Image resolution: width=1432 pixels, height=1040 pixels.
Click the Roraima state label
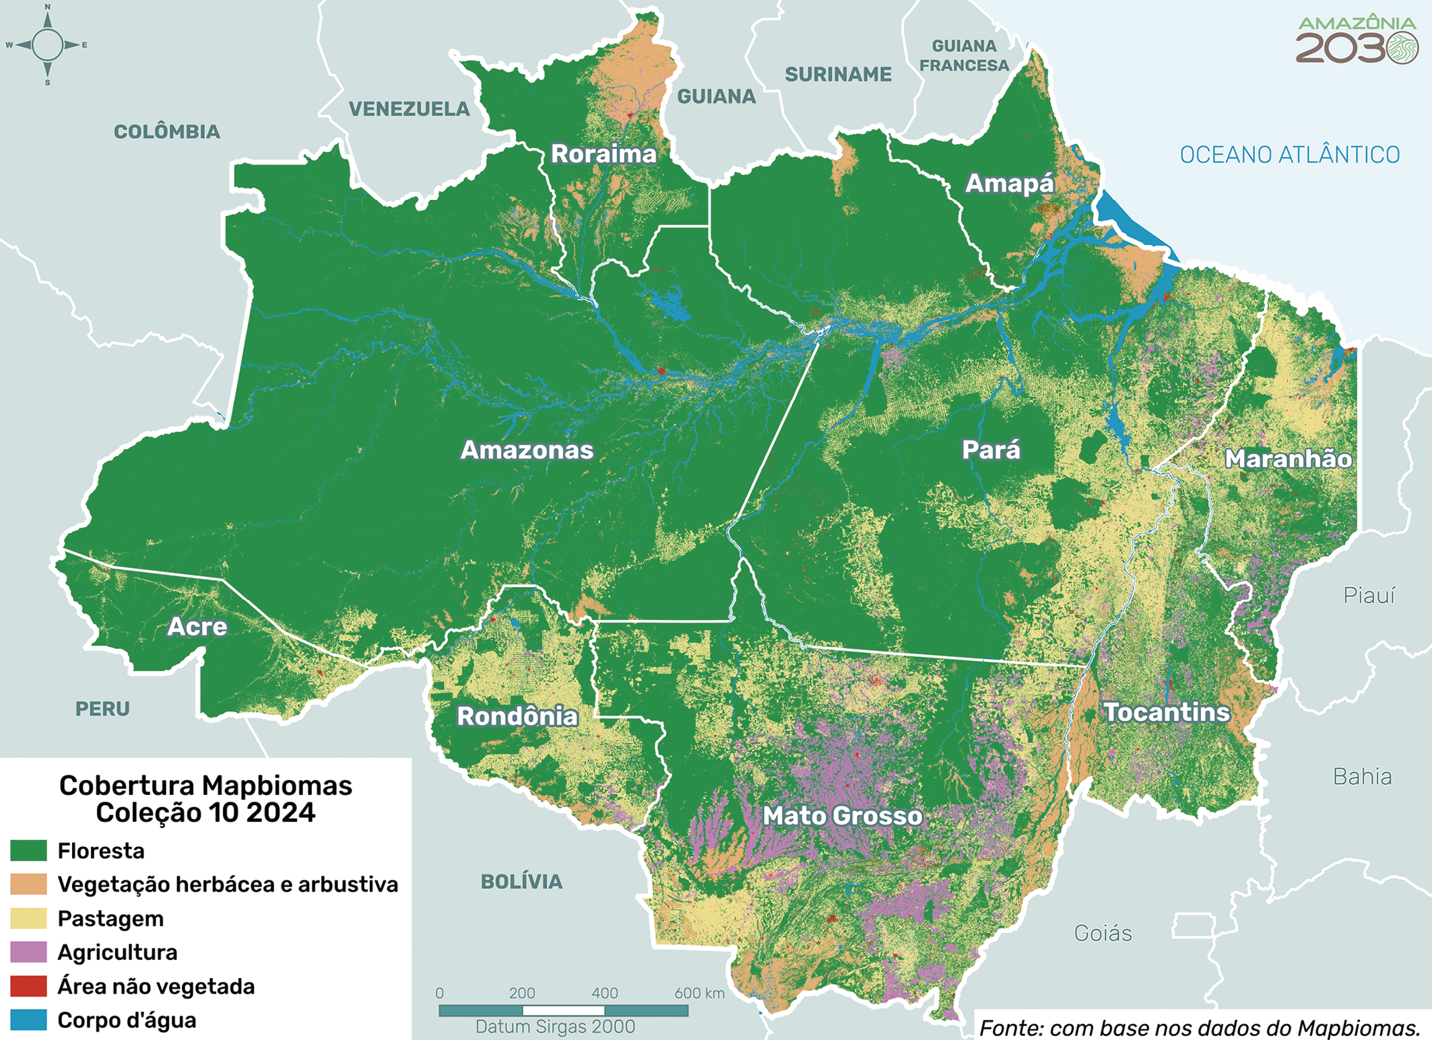tap(604, 154)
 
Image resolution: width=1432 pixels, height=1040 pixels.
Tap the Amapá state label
tap(1009, 183)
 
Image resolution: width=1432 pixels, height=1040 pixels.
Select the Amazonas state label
tap(527, 450)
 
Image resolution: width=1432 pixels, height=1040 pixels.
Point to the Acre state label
tap(197, 627)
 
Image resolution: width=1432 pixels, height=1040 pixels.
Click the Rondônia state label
tap(517, 716)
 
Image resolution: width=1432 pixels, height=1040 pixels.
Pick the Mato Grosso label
tap(842, 816)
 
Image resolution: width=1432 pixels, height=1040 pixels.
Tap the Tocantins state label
tap(1167, 712)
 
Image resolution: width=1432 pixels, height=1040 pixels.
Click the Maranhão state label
tap(1288, 459)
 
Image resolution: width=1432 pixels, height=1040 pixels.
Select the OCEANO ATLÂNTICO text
tap(1289, 155)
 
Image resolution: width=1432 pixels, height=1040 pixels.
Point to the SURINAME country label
tap(838, 75)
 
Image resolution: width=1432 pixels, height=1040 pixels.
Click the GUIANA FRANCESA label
tap(964, 56)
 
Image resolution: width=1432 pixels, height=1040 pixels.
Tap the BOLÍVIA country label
tap(521, 882)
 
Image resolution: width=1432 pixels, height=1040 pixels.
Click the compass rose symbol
tap(47, 45)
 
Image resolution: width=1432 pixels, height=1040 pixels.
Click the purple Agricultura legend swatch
tap(28, 952)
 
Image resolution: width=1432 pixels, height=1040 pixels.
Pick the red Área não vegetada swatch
tap(28, 986)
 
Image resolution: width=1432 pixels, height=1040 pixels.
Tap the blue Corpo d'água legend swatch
tap(28, 1020)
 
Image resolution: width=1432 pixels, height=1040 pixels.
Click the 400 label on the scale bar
tap(604, 993)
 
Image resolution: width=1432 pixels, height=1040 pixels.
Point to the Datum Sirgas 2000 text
tap(555, 1027)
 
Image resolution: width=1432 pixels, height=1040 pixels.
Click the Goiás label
tap(1103, 934)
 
